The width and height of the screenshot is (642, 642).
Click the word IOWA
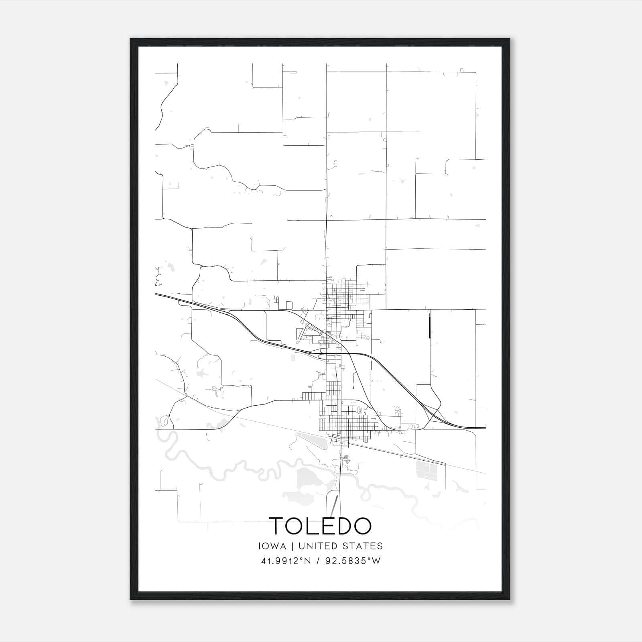click(272, 546)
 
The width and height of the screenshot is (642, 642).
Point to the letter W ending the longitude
click(376, 561)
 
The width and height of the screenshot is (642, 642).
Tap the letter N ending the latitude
click(307, 561)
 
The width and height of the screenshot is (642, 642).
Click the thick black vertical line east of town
click(429, 327)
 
